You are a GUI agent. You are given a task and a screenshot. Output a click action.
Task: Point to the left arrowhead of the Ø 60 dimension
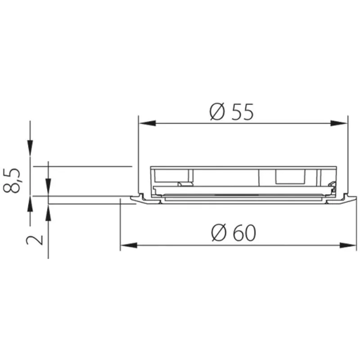point(127,245)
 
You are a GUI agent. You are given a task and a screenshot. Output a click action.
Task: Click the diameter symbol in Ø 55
point(217,111)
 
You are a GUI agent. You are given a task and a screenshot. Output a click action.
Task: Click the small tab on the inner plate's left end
point(183,184)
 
